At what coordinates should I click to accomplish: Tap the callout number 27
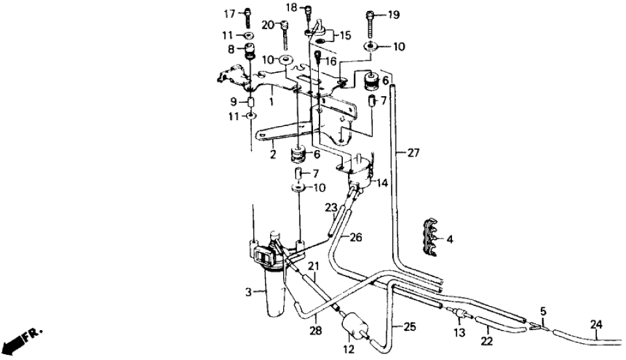pos(414,153)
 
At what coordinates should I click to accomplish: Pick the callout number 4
pos(450,239)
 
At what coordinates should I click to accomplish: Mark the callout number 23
pos(331,208)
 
